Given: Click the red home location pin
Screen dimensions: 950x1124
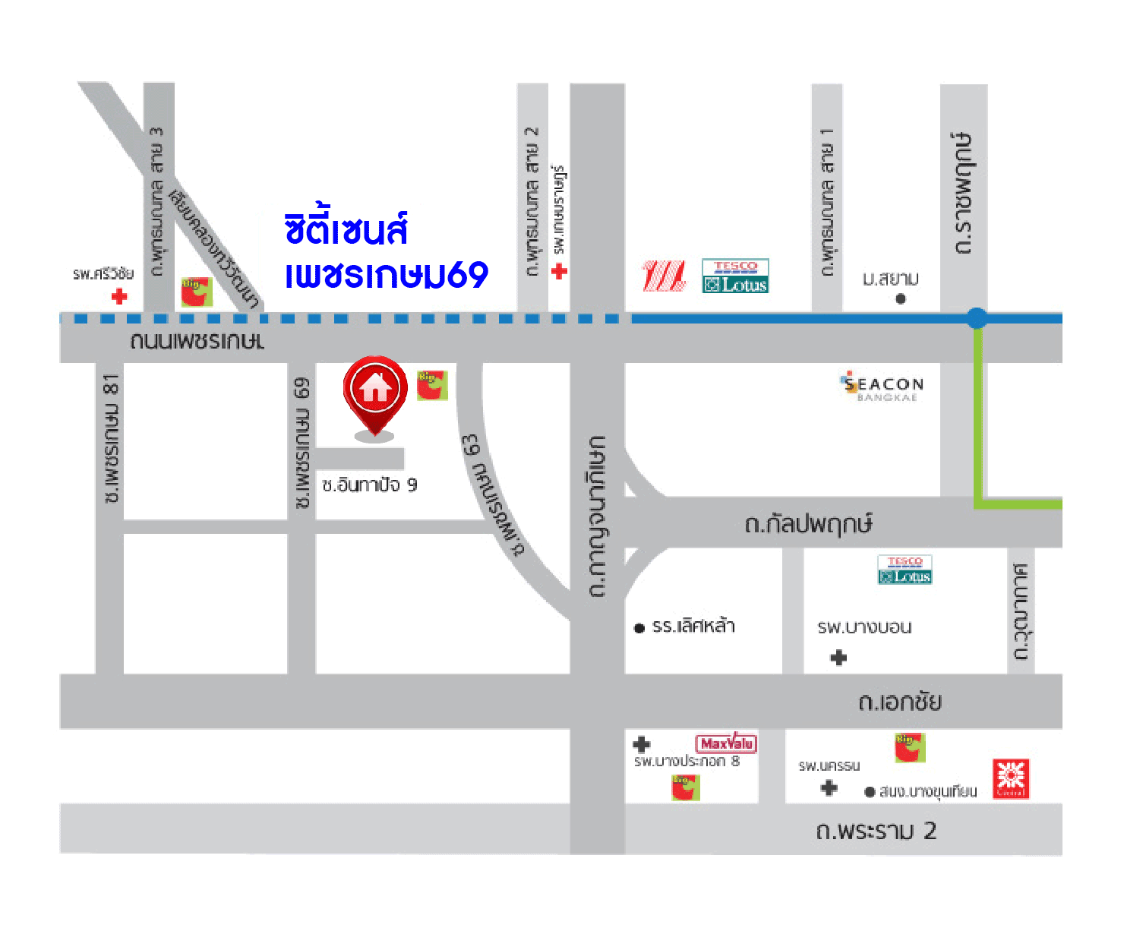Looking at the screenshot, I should coord(375,391).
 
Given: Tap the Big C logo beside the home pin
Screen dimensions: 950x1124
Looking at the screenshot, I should coord(432,384).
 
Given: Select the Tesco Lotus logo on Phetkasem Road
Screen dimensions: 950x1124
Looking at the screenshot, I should coord(735,276).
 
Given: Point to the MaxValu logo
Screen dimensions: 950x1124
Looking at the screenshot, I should coord(726,743).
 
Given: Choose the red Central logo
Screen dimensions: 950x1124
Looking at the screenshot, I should coord(1011,778).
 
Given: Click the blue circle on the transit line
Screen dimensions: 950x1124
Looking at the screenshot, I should coord(977,318).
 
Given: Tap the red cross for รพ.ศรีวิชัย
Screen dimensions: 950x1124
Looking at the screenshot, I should coord(119,296).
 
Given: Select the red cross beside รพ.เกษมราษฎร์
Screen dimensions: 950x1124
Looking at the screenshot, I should coord(560,271).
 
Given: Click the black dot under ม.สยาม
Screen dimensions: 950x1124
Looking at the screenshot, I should coord(901,298).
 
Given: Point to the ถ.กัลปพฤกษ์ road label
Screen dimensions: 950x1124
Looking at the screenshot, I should coord(808,524).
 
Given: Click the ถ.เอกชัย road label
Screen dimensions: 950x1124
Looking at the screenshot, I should coord(900,701).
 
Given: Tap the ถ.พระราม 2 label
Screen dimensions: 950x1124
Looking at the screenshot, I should coord(876,831).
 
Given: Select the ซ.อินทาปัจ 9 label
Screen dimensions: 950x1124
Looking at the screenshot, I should coord(369,484).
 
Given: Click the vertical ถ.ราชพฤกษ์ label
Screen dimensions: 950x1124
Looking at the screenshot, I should coord(963,193).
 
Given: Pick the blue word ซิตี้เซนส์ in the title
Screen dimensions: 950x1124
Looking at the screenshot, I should coord(346,229).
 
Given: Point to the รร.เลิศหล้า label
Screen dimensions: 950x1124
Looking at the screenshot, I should coord(693,626).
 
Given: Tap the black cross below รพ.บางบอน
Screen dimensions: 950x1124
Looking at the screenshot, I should coord(838,658).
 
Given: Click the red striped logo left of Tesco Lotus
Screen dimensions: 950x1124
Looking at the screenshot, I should coord(664,276).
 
